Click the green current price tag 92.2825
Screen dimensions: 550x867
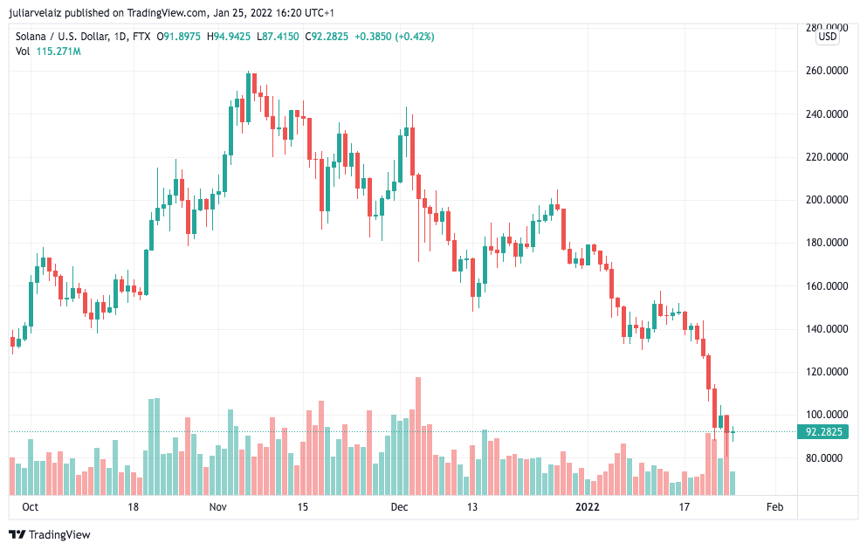[x=823, y=432]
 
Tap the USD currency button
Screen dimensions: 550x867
[x=827, y=37]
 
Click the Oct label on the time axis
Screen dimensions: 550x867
[x=31, y=507]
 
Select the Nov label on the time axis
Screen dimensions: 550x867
[x=218, y=507]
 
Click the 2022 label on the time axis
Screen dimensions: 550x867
[x=587, y=507]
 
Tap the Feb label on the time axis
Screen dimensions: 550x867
[x=774, y=507]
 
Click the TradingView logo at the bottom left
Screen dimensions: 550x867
[x=50, y=534]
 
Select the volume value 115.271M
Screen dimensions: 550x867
[x=58, y=52]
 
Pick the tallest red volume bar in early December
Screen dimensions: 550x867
[x=418, y=437]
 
